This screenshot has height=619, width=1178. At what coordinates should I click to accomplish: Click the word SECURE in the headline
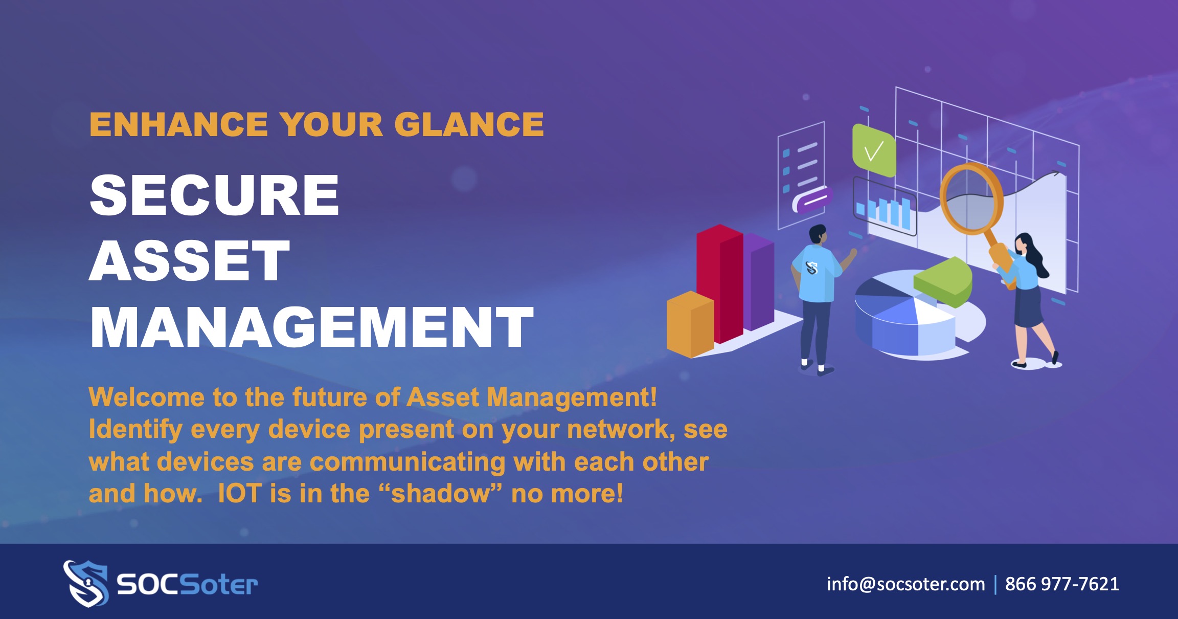click(214, 195)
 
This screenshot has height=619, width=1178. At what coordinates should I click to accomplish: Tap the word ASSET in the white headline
click(190, 260)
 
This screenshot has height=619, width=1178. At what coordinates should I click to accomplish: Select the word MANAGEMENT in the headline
click(312, 326)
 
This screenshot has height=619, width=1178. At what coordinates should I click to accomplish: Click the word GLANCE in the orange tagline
click(469, 124)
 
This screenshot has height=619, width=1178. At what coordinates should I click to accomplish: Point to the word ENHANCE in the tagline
click(178, 124)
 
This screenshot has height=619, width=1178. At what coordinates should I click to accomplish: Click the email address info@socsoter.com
click(906, 584)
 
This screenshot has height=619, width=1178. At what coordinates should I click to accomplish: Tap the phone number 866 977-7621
click(1062, 584)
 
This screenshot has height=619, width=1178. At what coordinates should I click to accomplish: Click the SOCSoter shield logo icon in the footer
click(86, 584)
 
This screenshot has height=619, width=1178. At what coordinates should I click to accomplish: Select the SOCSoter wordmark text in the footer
click(187, 584)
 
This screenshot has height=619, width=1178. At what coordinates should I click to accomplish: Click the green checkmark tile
click(874, 150)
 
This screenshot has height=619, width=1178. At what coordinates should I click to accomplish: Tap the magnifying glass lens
click(971, 197)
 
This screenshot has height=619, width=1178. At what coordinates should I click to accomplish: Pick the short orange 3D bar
click(690, 324)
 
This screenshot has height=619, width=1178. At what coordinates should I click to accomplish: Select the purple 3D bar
click(759, 281)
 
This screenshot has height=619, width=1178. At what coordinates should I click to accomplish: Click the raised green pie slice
click(943, 282)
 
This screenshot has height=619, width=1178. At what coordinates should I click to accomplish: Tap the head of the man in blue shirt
click(818, 235)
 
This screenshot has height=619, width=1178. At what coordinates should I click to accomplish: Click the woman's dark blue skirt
click(1028, 306)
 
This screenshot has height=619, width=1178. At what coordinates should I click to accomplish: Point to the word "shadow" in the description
click(441, 494)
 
